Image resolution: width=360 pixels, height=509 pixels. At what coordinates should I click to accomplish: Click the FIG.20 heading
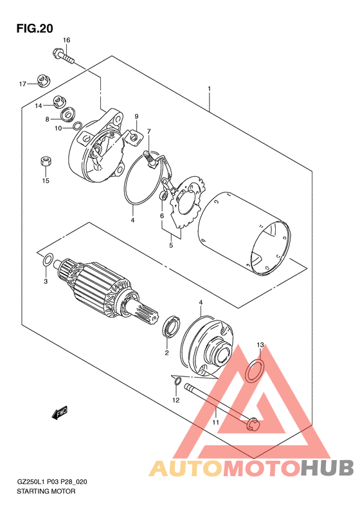(35, 28)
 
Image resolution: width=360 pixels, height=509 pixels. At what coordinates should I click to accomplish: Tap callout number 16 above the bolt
(66, 41)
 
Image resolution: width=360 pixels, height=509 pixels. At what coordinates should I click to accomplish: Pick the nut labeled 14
(59, 102)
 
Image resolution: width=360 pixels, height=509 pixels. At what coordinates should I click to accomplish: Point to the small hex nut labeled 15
(46, 161)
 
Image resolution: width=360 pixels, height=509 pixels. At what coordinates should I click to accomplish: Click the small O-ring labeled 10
(78, 126)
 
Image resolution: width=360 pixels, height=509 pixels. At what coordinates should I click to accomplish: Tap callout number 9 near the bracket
(136, 116)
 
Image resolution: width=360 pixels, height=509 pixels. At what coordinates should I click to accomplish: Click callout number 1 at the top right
(209, 88)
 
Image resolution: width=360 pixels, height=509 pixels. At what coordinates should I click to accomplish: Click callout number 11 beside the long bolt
(215, 422)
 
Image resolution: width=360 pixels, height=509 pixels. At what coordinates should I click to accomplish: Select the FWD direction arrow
(59, 413)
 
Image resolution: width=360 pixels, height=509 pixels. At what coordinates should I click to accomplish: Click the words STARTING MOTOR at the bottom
(46, 492)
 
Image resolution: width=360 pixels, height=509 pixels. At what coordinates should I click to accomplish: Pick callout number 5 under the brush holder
(171, 245)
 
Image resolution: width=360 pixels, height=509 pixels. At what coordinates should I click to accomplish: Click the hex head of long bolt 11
(253, 424)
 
